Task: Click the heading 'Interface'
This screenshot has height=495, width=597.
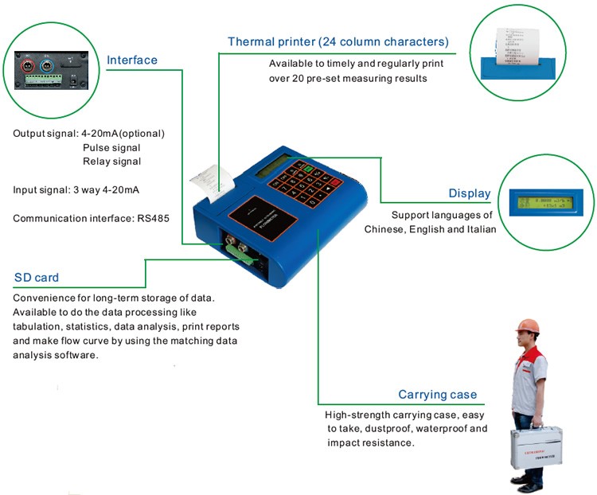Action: coord(132,60)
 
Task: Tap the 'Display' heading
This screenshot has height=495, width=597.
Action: coord(469,193)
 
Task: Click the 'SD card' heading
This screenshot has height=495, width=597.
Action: coord(36,278)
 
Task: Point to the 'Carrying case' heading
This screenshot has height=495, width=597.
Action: coord(437,395)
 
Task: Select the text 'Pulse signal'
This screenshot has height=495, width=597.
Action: coord(111,147)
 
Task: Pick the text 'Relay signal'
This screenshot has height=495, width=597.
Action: coord(111,162)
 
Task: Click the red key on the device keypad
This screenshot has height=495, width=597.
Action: coord(334,181)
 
